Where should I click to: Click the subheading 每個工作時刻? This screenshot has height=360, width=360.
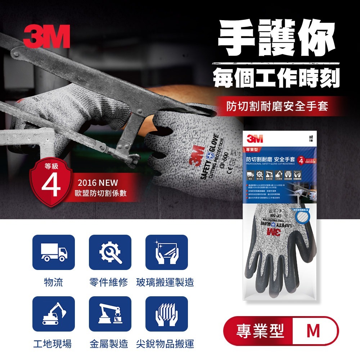click(276, 77)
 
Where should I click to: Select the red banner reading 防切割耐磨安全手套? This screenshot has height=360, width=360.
click(277, 106)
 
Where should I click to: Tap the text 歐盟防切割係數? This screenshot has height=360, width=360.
click(100, 194)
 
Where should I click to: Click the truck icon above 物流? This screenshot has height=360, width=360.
click(54, 252)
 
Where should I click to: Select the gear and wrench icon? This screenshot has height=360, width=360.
click(110, 252)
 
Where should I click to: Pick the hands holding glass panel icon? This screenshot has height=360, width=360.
click(167, 252)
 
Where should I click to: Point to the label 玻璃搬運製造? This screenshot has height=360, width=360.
click(165, 282)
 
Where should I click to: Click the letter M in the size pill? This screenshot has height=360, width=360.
click(313, 331)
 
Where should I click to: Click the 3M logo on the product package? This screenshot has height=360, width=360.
click(255, 139)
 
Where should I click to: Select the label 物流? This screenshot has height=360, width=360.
click(53, 282)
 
